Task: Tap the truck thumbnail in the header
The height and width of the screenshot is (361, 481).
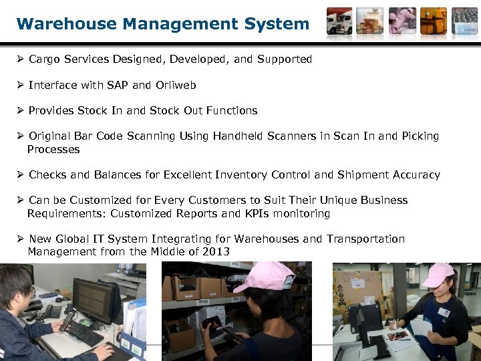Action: pos(339,21)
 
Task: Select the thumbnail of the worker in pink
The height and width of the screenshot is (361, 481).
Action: pos(402,21)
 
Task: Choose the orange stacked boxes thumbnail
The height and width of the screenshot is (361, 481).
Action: pos(434,21)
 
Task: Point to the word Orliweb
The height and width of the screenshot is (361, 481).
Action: pos(176,85)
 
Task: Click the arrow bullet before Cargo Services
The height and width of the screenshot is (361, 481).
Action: pos(21,59)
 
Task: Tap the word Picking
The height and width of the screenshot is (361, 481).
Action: pos(420,136)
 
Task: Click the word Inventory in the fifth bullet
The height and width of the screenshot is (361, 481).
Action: pos(242,174)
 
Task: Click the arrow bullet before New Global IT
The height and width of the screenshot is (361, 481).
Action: pos(21,239)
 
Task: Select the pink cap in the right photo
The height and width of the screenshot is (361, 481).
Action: pos(438,273)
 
